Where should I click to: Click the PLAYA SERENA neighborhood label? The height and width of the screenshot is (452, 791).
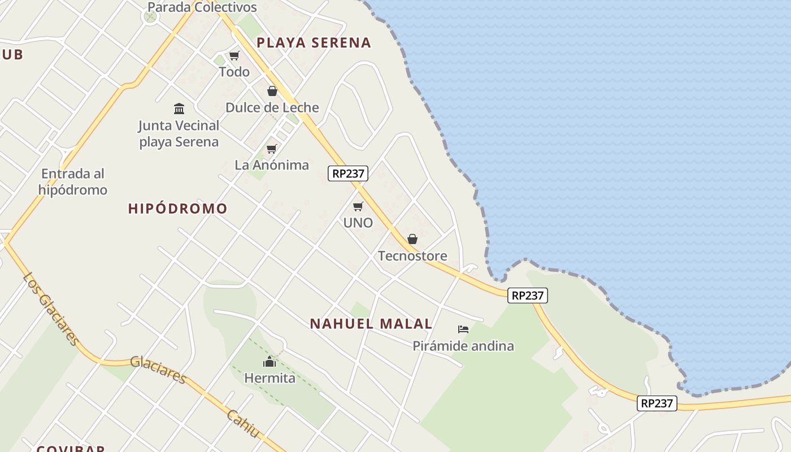click(314, 42)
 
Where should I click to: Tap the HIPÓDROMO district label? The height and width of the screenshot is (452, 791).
click(177, 208)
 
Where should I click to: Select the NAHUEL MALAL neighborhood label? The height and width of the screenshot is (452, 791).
click(371, 324)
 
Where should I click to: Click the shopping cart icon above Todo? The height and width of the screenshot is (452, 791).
click(234, 55)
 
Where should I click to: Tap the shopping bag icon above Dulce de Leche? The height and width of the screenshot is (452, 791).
click(272, 91)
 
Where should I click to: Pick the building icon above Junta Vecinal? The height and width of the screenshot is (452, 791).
click(179, 108)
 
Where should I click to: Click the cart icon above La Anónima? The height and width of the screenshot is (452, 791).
click(272, 149)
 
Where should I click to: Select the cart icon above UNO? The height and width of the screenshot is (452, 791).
click(358, 206)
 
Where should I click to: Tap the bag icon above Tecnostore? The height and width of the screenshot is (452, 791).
click(412, 239)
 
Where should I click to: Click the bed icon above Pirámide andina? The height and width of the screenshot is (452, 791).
click(463, 329)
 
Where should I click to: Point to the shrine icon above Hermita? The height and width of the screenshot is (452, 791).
click(270, 362)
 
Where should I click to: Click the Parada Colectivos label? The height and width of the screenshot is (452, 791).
click(202, 7)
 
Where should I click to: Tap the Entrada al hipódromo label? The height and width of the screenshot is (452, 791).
click(73, 181)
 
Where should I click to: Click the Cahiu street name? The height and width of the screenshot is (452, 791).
click(243, 424)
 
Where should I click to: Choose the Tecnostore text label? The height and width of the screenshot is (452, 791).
click(412, 256)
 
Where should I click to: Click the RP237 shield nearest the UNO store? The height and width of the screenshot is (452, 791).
click(348, 173)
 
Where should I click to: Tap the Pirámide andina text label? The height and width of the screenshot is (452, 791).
click(463, 346)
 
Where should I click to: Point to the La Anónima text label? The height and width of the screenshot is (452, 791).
click(272, 165)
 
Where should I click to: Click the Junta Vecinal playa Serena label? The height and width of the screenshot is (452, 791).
click(179, 133)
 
